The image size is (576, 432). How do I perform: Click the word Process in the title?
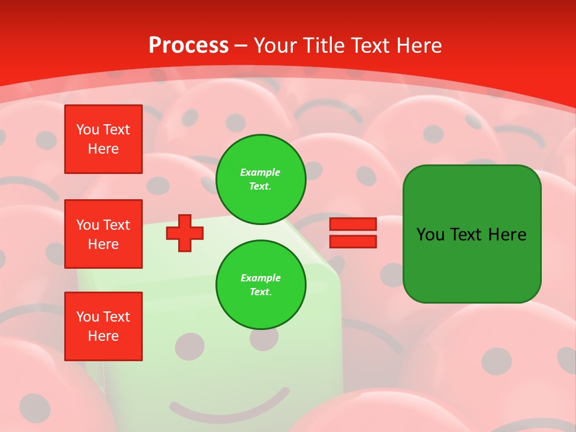pyautogui.click(x=188, y=46)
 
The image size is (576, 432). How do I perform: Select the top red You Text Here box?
pyautogui.click(x=103, y=139)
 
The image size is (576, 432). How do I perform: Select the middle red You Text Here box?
pyautogui.click(x=103, y=234)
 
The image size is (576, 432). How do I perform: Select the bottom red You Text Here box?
pyautogui.click(x=103, y=326)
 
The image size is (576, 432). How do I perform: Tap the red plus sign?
pyautogui.click(x=185, y=233)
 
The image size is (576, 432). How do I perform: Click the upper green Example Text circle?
pyautogui.click(x=261, y=179)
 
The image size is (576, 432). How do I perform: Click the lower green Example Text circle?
pyautogui.click(x=261, y=285)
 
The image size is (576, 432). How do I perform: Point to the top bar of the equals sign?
pyautogui.click(x=353, y=224)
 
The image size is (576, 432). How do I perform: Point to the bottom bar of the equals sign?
pyautogui.click(x=353, y=241)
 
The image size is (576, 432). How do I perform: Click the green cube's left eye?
pyautogui.click(x=190, y=346)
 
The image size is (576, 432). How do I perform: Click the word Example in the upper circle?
pyautogui.click(x=260, y=172)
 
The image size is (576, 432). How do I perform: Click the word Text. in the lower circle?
pyautogui.click(x=260, y=292)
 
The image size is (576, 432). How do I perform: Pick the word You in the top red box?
pyautogui.click(x=88, y=130)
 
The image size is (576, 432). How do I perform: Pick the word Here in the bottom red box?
pyautogui.click(x=103, y=336)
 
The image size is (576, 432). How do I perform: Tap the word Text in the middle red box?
pyautogui.click(x=116, y=225)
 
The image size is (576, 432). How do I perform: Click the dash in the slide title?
pyautogui.click(x=241, y=46)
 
